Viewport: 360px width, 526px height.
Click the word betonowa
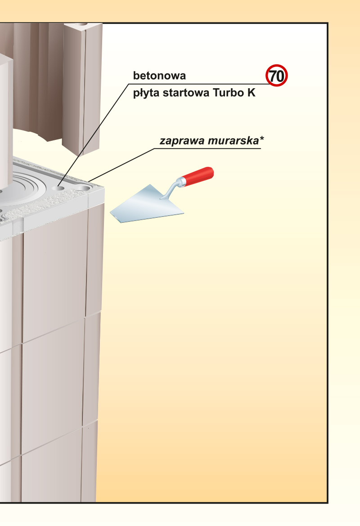pyautogui.click(x=159, y=76)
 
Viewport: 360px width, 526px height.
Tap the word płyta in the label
pyautogui.click(x=146, y=93)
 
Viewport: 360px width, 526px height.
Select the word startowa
pyautogui.click(x=186, y=93)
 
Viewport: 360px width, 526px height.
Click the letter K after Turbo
pyautogui.click(x=252, y=93)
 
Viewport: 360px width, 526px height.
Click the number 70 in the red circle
pyautogui.click(x=277, y=76)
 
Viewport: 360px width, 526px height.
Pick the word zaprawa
pyautogui.click(x=182, y=141)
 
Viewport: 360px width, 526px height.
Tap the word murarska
pyautogui.click(x=233, y=140)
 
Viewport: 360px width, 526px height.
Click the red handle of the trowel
pyautogui.click(x=198, y=176)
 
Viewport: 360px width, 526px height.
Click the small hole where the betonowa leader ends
pyautogui.click(x=58, y=188)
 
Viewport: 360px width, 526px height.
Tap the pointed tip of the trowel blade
pyautogui.click(x=110, y=211)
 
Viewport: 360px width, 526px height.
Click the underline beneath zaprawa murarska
pyautogui.click(x=207, y=148)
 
